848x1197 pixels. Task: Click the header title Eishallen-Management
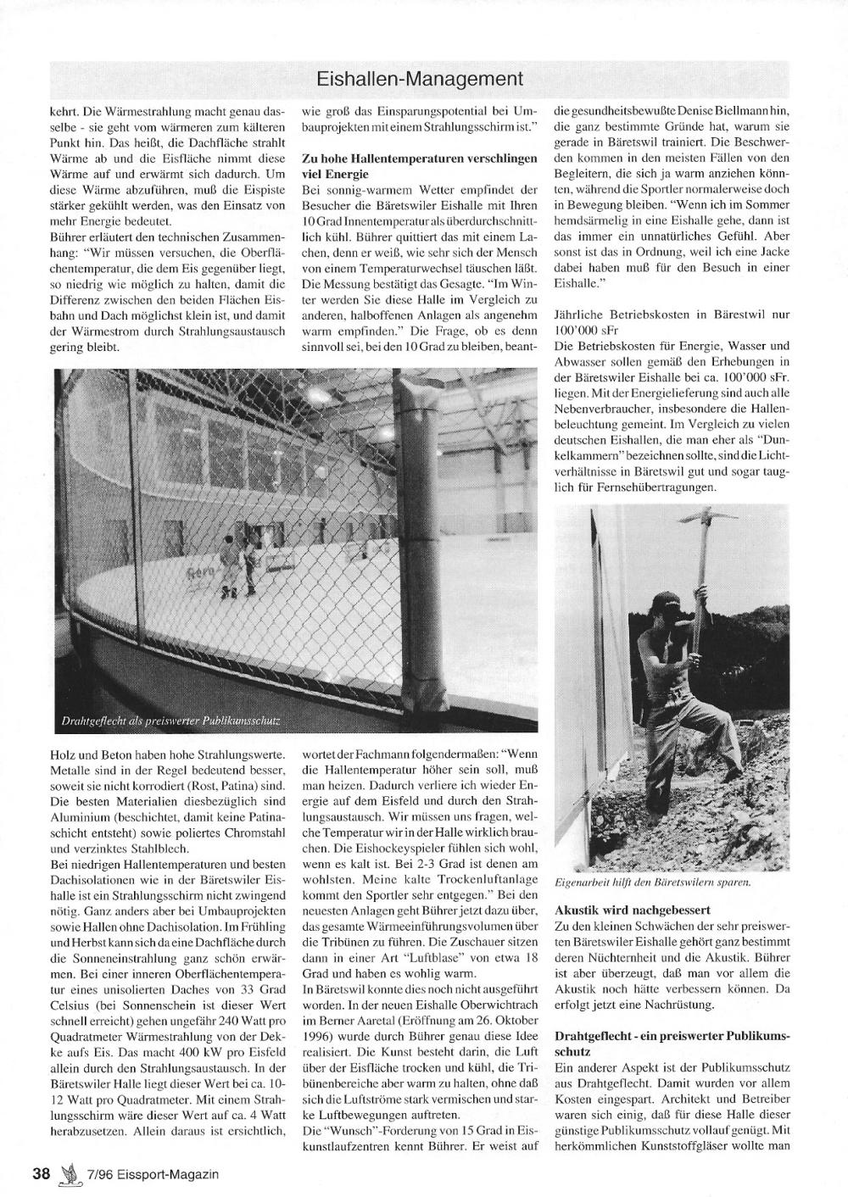419,80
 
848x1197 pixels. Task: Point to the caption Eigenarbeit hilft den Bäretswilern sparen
652,882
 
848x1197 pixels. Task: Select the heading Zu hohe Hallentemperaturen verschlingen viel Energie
419,166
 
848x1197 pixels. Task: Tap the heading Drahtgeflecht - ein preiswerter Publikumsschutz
672,1044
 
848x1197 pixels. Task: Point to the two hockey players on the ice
238,565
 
